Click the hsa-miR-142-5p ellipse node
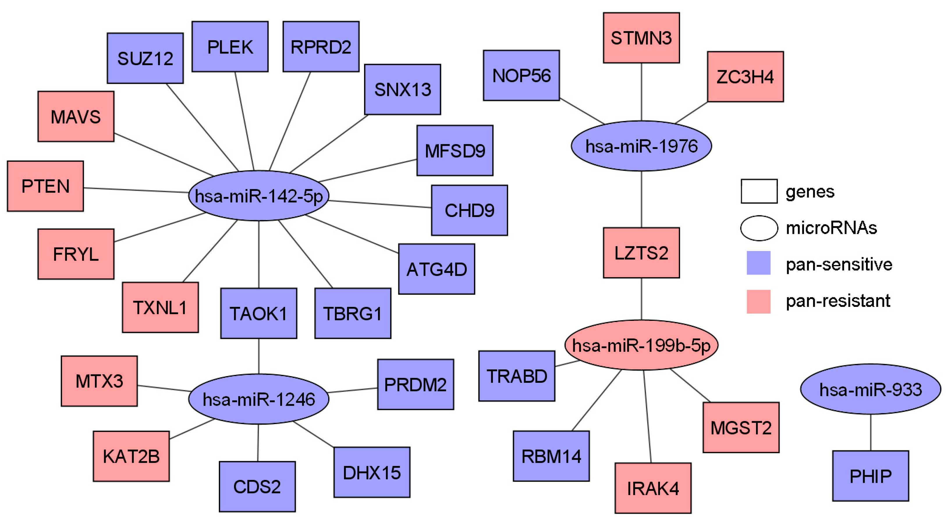(x=258, y=196)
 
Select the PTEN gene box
(x=45, y=186)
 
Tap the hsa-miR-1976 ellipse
(x=641, y=146)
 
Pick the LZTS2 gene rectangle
(x=641, y=253)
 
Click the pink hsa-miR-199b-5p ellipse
(x=641, y=345)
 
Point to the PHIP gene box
(x=870, y=476)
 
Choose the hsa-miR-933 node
(x=870, y=389)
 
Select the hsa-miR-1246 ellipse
(x=258, y=399)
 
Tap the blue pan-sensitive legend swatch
(x=758, y=263)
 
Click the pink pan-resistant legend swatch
(x=758, y=301)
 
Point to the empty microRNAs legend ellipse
(x=759, y=228)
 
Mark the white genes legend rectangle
(x=759, y=191)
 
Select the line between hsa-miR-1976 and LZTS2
(x=641, y=199)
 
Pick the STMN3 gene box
(x=641, y=38)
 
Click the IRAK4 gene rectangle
(x=653, y=488)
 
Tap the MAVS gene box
(x=76, y=116)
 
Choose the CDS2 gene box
(x=257, y=487)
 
